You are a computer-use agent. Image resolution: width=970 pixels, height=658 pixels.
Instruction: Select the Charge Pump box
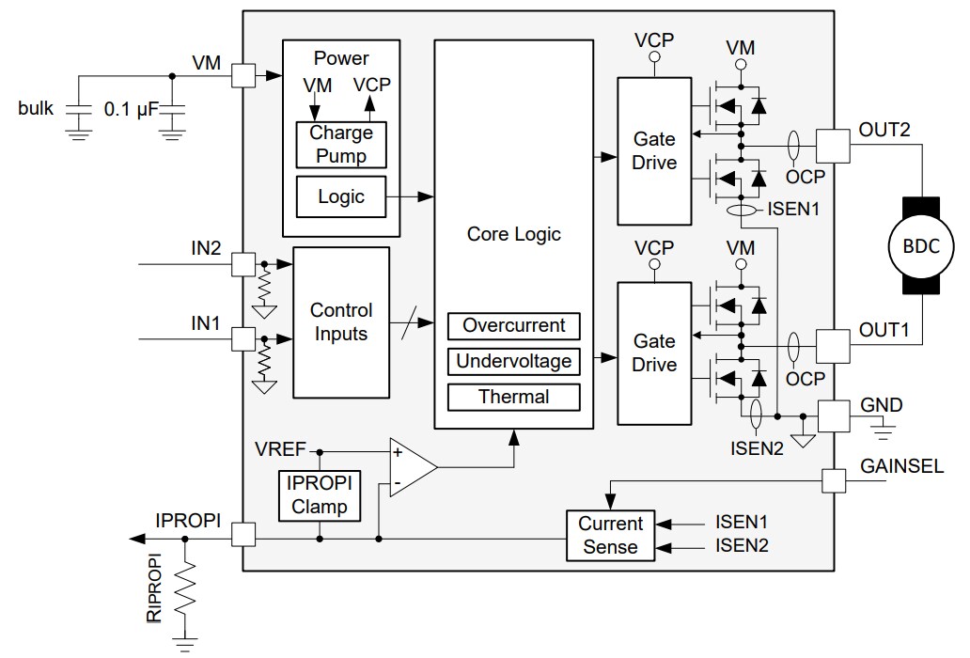coord(341,144)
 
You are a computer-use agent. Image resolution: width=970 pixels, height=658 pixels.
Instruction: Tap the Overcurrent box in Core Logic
coord(513,326)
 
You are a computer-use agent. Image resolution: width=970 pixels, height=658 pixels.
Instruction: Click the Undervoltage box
coord(513,361)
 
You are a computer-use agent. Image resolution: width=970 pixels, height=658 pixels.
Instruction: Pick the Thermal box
coord(513,397)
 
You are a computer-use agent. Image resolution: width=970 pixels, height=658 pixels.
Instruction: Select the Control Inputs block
coord(341,321)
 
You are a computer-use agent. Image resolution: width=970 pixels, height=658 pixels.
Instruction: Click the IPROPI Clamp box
coord(319,494)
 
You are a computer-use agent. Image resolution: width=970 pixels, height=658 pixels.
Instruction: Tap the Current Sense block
coord(610,535)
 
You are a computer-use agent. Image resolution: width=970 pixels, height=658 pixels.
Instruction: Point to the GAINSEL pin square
coord(834,480)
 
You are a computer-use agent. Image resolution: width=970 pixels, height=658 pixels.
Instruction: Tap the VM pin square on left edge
coord(243,76)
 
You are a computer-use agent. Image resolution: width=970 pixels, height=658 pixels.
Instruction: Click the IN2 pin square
coord(243,264)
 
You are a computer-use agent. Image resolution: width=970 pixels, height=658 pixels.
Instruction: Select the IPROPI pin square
coord(243,539)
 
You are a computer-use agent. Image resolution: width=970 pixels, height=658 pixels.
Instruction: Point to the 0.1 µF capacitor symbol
coord(171,109)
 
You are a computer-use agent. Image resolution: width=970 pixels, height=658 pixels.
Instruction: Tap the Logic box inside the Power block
coord(341,196)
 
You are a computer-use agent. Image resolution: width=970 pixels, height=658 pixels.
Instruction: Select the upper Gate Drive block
coord(654,151)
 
